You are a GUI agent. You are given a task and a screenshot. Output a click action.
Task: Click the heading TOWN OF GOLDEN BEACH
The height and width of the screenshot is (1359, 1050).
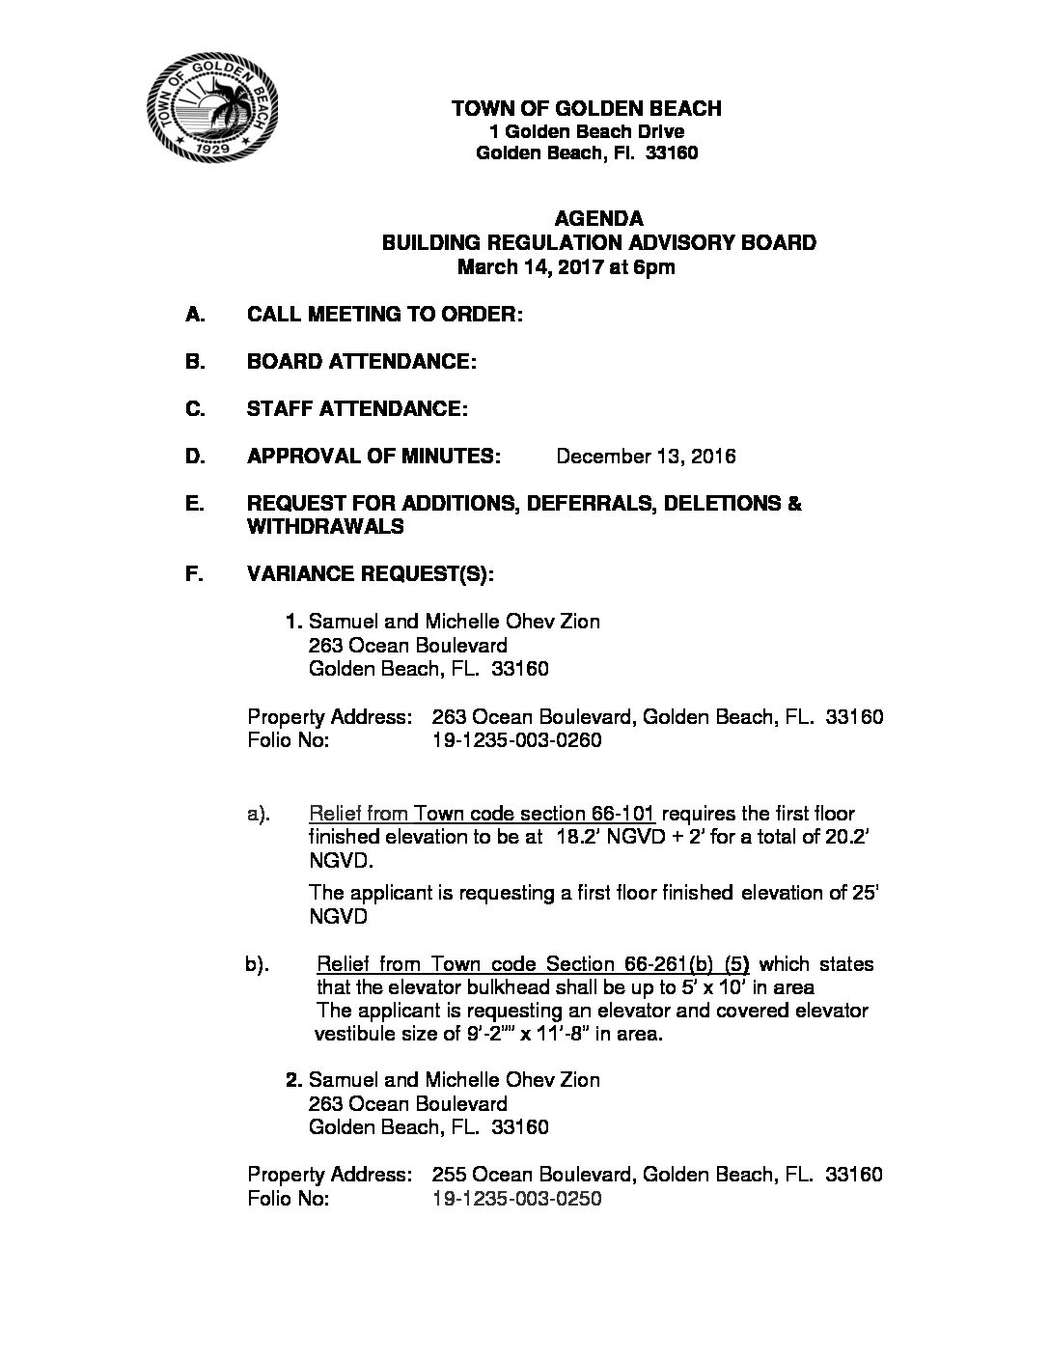[x=586, y=108]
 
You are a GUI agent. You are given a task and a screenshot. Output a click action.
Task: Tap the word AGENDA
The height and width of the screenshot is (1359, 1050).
[x=598, y=218]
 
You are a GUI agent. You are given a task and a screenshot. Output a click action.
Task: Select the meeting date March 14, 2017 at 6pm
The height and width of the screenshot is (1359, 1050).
[x=566, y=267]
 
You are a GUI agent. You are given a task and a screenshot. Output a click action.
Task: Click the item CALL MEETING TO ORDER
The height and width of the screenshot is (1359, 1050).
[x=385, y=314]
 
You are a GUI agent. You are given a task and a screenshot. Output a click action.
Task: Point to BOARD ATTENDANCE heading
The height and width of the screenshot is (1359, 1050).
[x=362, y=361]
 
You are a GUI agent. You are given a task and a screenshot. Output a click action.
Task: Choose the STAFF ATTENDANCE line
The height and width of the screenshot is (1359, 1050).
[x=357, y=408]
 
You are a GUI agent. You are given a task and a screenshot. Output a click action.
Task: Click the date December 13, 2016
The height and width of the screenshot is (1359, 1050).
[x=646, y=456]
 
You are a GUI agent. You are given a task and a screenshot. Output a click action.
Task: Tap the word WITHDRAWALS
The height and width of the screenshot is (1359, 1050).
[x=325, y=526]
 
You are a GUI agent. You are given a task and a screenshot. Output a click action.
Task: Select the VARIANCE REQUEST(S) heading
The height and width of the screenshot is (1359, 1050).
[x=371, y=574]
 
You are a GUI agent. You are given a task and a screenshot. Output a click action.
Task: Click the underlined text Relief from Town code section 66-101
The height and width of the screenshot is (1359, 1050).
[x=482, y=814]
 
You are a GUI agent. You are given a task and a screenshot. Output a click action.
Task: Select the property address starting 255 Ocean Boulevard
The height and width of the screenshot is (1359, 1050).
[x=656, y=1174]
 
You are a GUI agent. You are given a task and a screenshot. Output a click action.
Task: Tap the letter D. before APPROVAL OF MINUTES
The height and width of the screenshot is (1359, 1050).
[x=195, y=456]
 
